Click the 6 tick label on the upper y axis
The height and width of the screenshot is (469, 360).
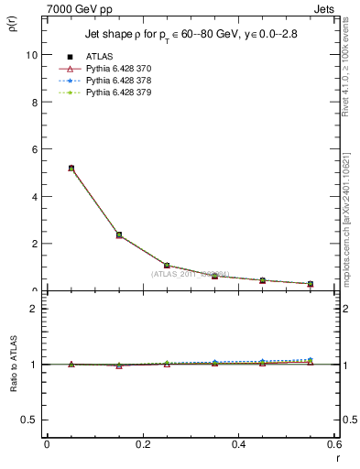[x=33, y=149]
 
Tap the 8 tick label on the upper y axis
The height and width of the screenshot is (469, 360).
[x=33, y=102]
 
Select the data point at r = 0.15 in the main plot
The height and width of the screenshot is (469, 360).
[x=119, y=235]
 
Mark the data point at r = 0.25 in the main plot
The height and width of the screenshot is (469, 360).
[x=167, y=266]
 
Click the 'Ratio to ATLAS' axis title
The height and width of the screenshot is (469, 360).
[x=12, y=364]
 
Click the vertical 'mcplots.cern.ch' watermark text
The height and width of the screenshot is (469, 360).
[x=346, y=220]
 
